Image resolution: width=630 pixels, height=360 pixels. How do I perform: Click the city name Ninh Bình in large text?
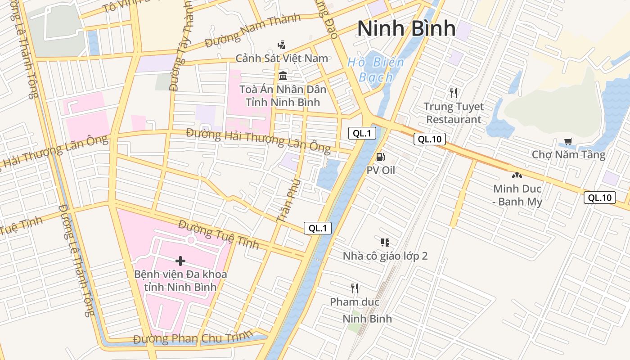(406, 28)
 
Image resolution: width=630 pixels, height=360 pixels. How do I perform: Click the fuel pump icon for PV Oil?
(380, 157)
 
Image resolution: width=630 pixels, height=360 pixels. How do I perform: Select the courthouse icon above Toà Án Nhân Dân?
(283, 76)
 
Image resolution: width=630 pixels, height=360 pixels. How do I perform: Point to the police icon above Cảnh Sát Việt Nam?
(282, 45)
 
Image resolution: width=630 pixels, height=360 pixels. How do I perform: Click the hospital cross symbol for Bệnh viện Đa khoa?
(180, 261)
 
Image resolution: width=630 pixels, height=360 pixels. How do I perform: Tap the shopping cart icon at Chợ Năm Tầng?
(568, 142)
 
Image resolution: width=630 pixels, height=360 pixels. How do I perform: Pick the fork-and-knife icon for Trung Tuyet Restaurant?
(454, 93)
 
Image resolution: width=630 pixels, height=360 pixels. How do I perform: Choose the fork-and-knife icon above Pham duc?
(355, 288)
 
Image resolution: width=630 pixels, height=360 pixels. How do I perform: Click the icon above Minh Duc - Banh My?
(517, 175)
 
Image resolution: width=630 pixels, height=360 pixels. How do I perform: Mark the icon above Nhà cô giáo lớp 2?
(385, 243)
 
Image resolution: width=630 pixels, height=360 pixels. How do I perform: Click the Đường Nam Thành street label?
(252, 31)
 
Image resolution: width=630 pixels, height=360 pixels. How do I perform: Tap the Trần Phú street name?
(288, 200)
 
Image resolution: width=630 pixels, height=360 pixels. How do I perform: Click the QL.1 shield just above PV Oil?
(362, 133)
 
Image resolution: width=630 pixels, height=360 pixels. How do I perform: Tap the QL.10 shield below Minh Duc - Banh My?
(599, 197)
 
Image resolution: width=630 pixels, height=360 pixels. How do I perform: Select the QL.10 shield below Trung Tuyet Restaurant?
(430, 139)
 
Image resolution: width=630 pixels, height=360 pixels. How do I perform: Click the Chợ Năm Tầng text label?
(568, 155)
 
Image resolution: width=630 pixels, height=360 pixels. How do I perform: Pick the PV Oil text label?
(381, 170)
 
